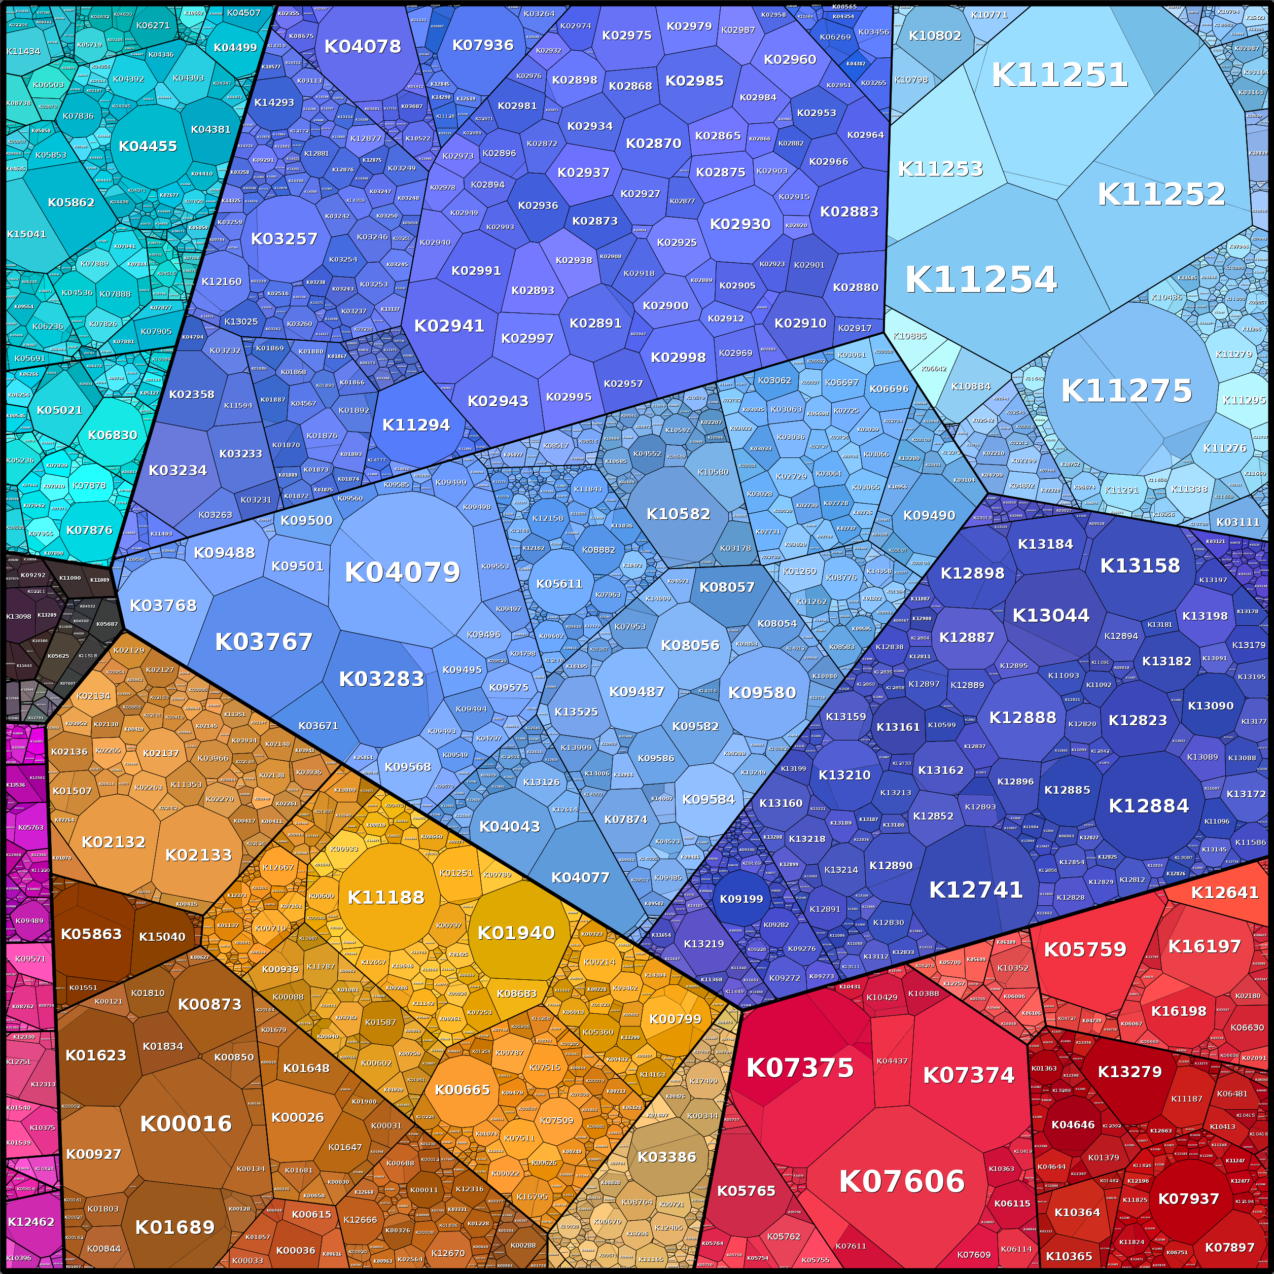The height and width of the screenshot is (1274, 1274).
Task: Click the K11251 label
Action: point(1059,75)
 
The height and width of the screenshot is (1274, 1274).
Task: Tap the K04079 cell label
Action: point(402,573)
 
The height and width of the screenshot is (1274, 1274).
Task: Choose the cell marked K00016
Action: point(186,1124)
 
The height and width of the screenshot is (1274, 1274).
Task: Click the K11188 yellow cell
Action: point(386,898)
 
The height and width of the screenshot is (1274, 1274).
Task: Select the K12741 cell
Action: point(975,890)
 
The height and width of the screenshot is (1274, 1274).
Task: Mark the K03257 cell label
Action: point(284,239)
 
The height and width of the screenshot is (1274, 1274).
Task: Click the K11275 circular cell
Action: point(1126,391)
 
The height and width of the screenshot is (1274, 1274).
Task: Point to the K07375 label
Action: point(799,1068)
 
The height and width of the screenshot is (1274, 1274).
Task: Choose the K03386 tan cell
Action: point(667,1157)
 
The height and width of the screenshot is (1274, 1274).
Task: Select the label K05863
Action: point(91,934)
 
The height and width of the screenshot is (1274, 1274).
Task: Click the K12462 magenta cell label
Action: point(31,1222)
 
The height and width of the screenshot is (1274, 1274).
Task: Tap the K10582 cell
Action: point(678,514)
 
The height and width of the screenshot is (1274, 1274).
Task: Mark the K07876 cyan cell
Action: point(89,530)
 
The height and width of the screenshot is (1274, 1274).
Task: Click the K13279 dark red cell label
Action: point(1129,1072)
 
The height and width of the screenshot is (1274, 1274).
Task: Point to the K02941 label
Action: point(449,326)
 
